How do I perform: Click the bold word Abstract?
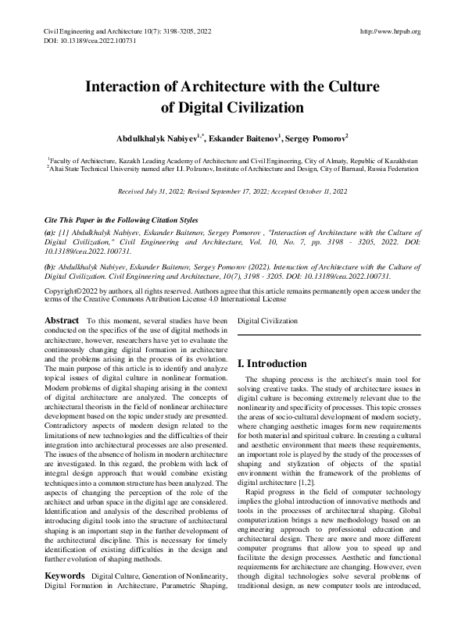coord(62,320)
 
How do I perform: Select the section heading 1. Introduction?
coord(273,364)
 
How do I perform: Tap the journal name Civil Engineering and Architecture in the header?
coord(83,31)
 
